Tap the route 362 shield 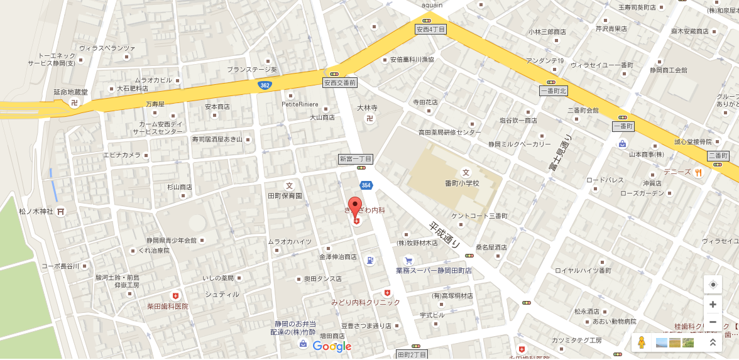pyautogui.click(x=265, y=85)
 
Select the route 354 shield pyautogui.click(x=366, y=185)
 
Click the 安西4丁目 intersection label pyautogui.click(x=431, y=30)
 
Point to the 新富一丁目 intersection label pyautogui.click(x=356, y=158)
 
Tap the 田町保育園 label pyautogui.click(x=285, y=196)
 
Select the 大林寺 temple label pyautogui.click(x=366, y=107)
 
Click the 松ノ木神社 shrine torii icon pyautogui.click(x=60, y=212)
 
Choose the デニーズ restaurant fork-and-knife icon pyautogui.click(x=698, y=173)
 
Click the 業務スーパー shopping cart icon pyautogui.click(x=408, y=261)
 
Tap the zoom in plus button pyautogui.click(x=713, y=305)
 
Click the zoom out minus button pyautogui.click(x=713, y=322)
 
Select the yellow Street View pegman pyautogui.click(x=641, y=342)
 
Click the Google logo pyautogui.click(x=332, y=346)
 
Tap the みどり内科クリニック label pyautogui.click(x=366, y=302)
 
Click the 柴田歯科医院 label pyautogui.click(x=168, y=307)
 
